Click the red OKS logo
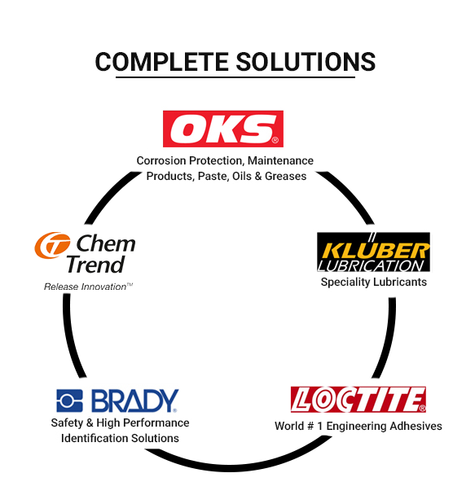tap(223, 129)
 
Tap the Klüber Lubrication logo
tap(373, 252)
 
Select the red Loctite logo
tap(358, 400)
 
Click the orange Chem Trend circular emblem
tap(52, 245)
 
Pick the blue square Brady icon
tap(69, 401)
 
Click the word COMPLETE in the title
tap(162, 62)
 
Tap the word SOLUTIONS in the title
tap(306, 62)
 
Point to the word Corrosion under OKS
tap(161, 160)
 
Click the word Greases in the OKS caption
tap(286, 176)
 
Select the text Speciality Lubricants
tap(374, 282)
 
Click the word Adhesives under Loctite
tap(416, 426)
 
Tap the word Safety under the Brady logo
tap(67, 423)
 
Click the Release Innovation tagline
tap(88, 287)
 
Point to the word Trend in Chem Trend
tap(95, 265)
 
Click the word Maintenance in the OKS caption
tap(280, 160)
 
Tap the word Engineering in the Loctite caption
tap(356, 426)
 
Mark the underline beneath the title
tap(235, 77)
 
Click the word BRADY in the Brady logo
tap(135, 401)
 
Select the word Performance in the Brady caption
tap(156, 423)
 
